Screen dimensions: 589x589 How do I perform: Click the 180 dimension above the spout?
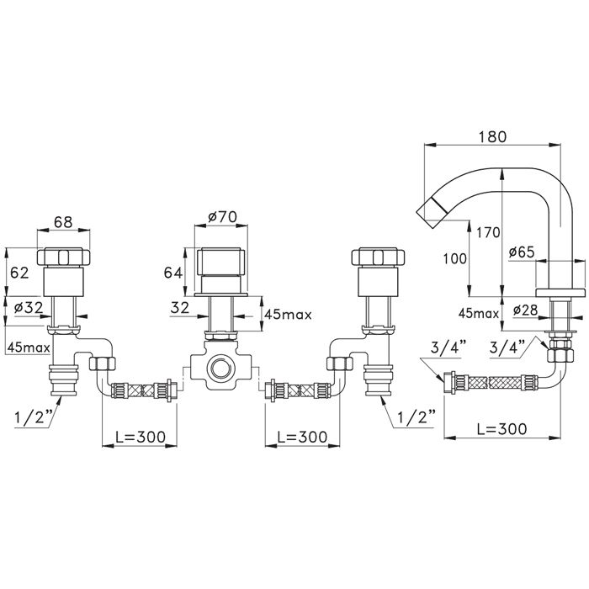click(x=492, y=136)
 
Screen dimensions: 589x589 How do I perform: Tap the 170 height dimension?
click(x=488, y=233)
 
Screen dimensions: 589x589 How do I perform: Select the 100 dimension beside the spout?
click(x=455, y=259)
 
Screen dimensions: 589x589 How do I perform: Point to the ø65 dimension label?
click(x=522, y=252)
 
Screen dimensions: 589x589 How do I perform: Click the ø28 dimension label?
click(x=526, y=310)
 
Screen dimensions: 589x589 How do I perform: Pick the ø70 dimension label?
click(x=222, y=217)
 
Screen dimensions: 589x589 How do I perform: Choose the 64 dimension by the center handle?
click(x=173, y=273)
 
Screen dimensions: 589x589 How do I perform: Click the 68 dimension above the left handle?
click(x=63, y=221)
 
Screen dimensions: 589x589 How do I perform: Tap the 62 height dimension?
click(x=19, y=273)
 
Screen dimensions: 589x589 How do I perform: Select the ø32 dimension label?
click(x=29, y=308)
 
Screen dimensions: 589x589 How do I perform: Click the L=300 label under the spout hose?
click(x=501, y=428)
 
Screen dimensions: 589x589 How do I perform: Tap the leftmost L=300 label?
click(x=141, y=437)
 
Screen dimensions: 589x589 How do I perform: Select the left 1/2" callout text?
click(x=34, y=418)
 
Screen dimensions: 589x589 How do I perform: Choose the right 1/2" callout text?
click(x=417, y=417)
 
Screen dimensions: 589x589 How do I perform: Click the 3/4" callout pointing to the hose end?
click(x=448, y=348)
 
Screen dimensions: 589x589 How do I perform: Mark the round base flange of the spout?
click(x=560, y=293)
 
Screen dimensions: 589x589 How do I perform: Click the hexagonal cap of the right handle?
click(x=378, y=257)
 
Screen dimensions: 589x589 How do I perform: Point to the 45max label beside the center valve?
click(x=288, y=314)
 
